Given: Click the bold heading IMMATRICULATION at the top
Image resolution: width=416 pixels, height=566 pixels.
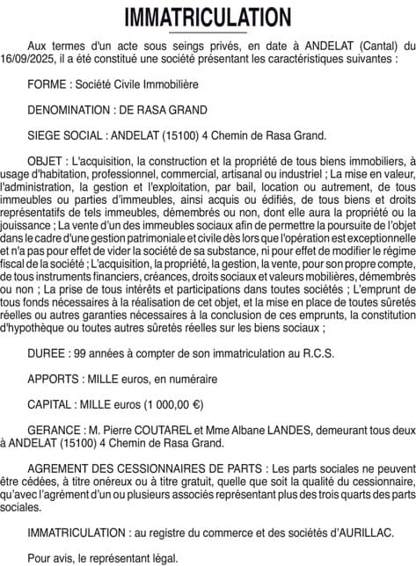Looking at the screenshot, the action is tap(208, 17).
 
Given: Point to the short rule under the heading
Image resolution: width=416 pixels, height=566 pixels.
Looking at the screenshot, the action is tap(208, 33).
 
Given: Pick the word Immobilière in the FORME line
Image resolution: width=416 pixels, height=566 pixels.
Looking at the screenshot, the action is tap(170, 84).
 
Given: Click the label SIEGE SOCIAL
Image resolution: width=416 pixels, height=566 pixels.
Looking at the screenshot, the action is tap(68, 135).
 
